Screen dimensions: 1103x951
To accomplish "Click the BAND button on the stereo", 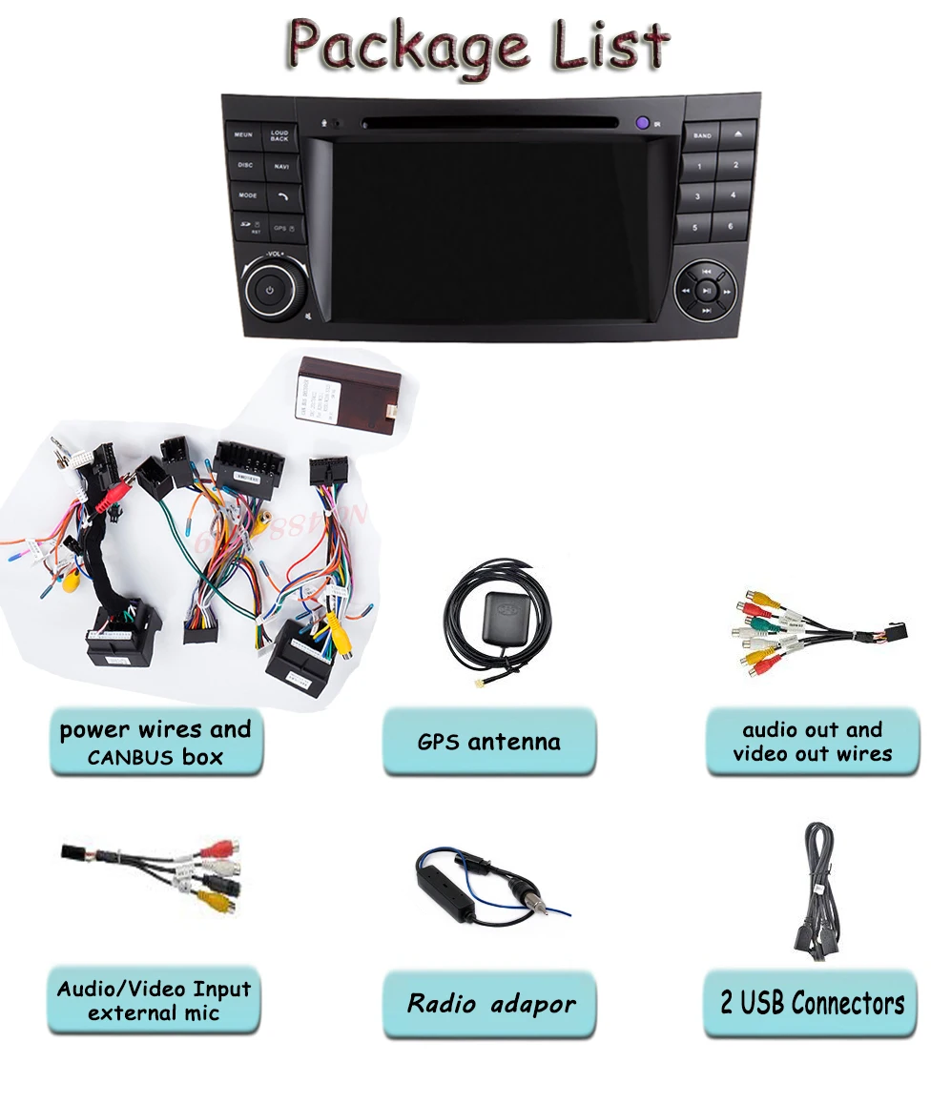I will [702, 135].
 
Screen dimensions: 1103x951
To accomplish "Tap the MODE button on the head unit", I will [248, 195].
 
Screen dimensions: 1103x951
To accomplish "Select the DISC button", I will [246, 165].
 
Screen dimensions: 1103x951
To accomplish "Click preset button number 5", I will [695, 227].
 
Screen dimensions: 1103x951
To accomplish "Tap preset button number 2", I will [735, 165].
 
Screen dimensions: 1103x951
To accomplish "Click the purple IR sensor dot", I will [643, 122].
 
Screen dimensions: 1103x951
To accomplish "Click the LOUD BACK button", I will [279, 136].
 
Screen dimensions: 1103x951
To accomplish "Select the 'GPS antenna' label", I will [489, 741].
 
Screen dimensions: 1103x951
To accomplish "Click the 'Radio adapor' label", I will [490, 1003].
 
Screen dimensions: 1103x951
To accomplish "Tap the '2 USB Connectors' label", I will [811, 1002].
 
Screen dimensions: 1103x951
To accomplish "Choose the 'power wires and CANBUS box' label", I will [155, 743].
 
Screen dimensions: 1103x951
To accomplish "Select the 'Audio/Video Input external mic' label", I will [154, 1000].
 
